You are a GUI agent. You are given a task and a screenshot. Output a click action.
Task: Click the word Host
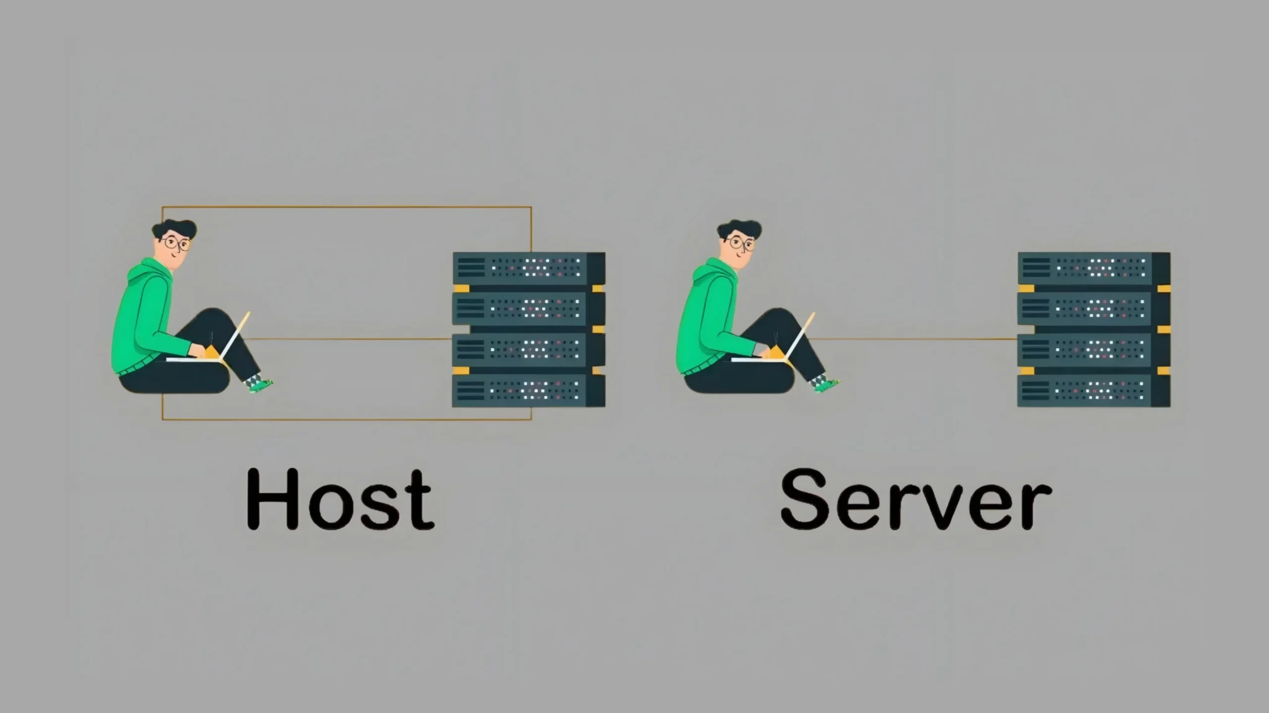coord(341,498)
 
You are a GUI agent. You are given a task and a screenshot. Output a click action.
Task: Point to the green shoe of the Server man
coord(826,384)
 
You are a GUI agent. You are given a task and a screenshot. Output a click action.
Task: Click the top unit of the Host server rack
coord(528,268)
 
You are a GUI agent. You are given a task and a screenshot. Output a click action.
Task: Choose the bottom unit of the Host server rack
coord(528,390)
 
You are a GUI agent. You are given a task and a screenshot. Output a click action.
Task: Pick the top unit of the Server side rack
coord(1093,268)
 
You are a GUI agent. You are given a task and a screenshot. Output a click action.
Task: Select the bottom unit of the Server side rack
coord(1093,390)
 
